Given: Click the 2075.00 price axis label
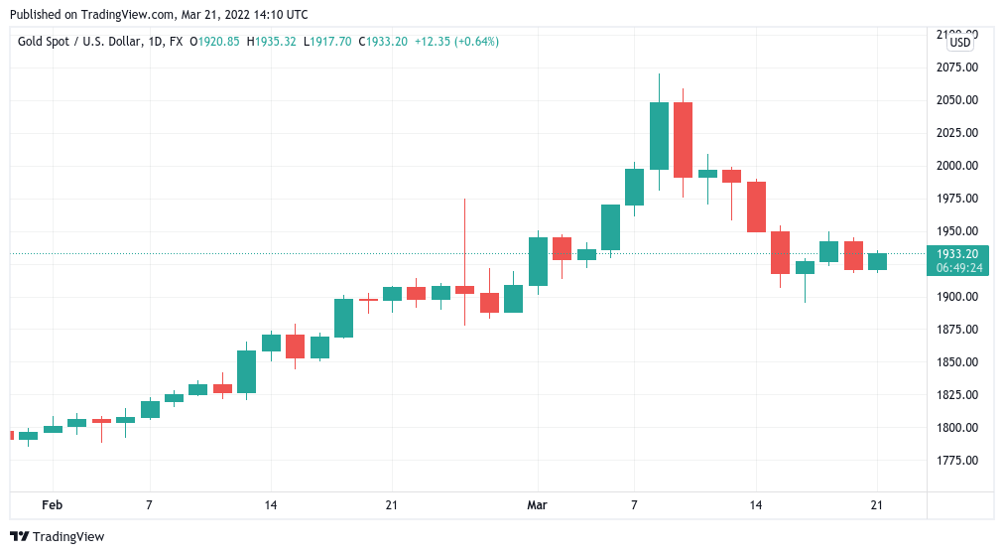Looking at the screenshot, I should coord(957,68).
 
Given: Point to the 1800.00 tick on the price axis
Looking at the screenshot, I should coord(957,428).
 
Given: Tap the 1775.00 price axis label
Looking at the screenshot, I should coord(957,461).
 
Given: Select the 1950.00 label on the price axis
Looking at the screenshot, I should coord(957,231).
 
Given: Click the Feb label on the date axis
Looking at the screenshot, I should coord(52,505).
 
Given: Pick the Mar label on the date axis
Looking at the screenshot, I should coord(537,505).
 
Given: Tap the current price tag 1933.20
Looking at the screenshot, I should coord(958,254).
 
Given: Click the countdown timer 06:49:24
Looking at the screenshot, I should coord(958,268).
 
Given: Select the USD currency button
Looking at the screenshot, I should coord(959,43).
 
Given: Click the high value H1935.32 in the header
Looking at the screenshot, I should coord(273,42).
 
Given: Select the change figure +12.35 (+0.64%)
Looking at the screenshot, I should coord(456,42).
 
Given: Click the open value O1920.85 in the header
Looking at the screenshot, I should coord(216,42).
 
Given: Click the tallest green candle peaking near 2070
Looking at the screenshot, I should coord(659,135).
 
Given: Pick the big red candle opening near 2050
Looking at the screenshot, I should coord(683,139).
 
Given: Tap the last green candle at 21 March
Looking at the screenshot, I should coord(877,261).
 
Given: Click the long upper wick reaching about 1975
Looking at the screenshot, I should coord(464,238).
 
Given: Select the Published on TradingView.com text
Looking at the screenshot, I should coord(159,15).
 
